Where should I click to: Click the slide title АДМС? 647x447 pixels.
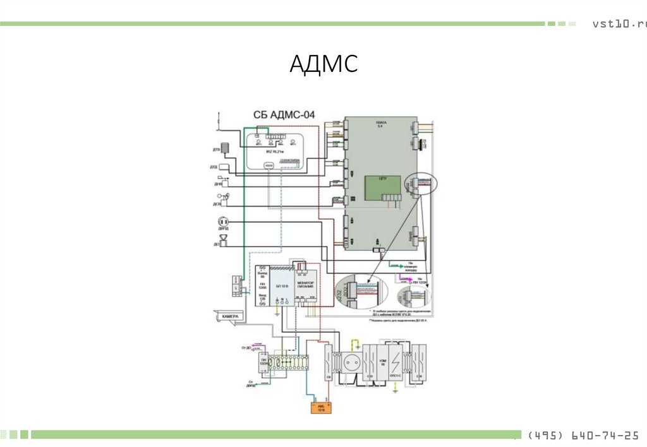tap(323, 64)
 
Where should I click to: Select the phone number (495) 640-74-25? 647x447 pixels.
tap(582, 435)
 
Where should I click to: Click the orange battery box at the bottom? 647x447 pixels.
tap(321, 408)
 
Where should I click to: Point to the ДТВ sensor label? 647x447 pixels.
tap(215, 150)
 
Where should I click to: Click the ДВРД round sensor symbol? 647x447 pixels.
tap(222, 222)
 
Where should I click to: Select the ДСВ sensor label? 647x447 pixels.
tap(215, 204)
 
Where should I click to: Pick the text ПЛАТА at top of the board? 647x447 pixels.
tap(380, 124)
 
